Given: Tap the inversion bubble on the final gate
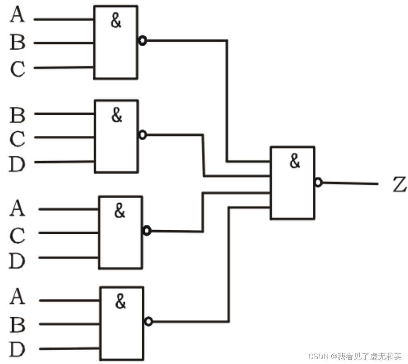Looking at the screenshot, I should click(x=318, y=183).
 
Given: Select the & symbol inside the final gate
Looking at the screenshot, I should click(x=295, y=161).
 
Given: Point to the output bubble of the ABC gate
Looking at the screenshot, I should click(x=142, y=40).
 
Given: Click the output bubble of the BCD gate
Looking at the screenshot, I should click(x=142, y=135).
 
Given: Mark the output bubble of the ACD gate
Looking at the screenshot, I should click(x=147, y=231).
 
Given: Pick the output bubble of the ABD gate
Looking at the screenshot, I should click(x=149, y=322).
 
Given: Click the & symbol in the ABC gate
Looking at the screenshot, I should click(x=116, y=21).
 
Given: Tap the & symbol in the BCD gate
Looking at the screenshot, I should click(x=116, y=116).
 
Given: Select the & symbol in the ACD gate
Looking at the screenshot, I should click(x=120, y=211).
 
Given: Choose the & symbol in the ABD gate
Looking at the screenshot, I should click(x=120, y=301).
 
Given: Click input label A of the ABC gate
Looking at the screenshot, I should click(x=17, y=15).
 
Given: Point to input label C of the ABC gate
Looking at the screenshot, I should click(x=17, y=69).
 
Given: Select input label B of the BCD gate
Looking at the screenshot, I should click(x=17, y=115).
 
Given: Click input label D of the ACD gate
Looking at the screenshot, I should click(x=17, y=261).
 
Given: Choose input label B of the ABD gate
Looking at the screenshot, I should click(x=17, y=324).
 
